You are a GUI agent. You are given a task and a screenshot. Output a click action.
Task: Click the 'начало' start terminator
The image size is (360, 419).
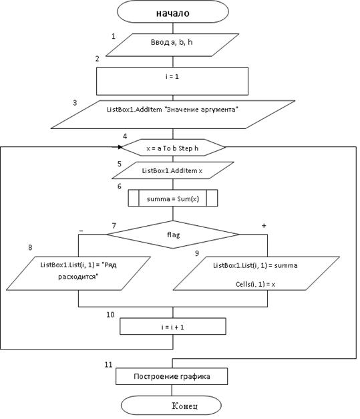click(x=173, y=12)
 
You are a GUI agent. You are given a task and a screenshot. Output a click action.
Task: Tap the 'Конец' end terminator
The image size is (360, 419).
click(x=171, y=406)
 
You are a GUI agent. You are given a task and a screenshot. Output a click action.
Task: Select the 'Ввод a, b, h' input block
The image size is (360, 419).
click(x=172, y=45)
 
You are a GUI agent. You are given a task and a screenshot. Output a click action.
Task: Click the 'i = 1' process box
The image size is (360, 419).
click(x=172, y=81)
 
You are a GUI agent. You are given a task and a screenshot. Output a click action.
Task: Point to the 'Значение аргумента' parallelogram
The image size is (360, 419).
click(x=173, y=115)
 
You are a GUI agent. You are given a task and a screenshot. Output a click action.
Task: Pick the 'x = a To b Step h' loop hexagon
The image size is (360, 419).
click(x=173, y=148)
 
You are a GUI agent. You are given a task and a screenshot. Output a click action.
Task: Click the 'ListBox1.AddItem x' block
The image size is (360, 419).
click(x=173, y=170)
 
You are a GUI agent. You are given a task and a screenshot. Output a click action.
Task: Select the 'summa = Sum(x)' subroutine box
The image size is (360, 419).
click(x=173, y=198)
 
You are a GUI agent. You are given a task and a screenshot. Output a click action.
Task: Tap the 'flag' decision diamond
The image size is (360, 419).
click(x=173, y=235)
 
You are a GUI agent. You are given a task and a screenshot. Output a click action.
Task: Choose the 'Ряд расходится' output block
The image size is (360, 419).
click(x=78, y=273)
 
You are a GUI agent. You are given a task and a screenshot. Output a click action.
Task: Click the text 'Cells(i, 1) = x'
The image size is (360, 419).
click(x=255, y=284)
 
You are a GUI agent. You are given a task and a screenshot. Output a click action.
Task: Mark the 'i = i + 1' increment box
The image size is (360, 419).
click(x=173, y=326)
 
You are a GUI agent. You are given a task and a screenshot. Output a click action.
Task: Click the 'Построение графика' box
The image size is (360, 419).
click(x=172, y=376)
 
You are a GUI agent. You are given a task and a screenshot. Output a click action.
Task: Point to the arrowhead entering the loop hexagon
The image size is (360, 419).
click(x=120, y=147)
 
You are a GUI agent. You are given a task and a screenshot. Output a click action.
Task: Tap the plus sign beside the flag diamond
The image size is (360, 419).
click(x=264, y=226)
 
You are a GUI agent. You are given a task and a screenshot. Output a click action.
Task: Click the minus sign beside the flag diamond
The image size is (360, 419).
click(x=81, y=231)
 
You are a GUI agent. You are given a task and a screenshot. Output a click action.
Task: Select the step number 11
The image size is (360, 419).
click(x=108, y=364)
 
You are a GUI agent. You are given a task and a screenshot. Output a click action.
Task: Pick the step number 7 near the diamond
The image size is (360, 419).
click(x=114, y=226)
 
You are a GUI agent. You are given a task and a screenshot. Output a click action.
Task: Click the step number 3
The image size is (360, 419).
click(x=75, y=103)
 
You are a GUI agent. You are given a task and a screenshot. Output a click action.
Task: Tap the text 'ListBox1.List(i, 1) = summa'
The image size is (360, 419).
click(x=255, y=265)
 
